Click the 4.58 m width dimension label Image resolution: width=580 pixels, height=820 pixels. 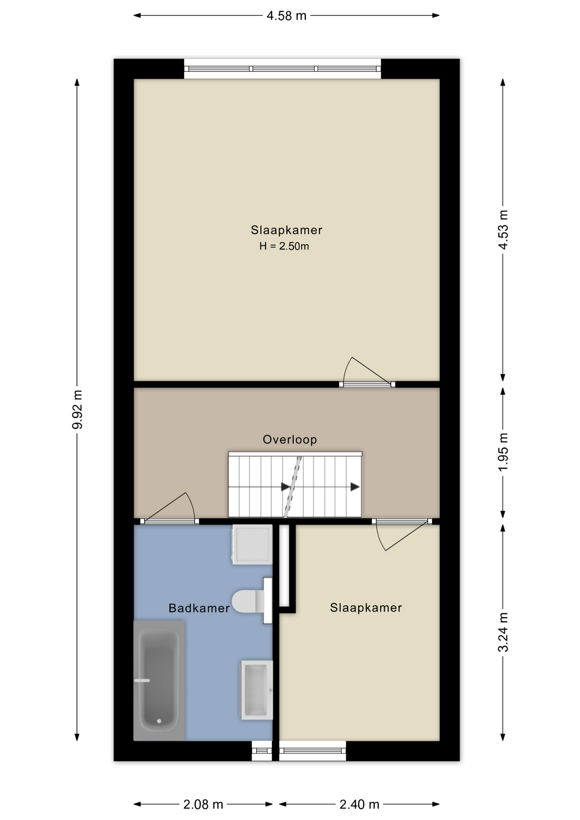[x=287, y=16]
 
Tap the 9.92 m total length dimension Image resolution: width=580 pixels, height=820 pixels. [x=77, y=409]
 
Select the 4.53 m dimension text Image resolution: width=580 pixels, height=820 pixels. [x=503, y=230]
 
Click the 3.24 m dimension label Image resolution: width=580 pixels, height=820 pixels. [x=503, y=632]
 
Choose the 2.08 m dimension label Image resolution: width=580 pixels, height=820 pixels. [x=203, y=805]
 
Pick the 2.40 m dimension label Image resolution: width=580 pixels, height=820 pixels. [x=359, y=805]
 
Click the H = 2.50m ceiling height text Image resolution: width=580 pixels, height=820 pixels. [x=284, y=246]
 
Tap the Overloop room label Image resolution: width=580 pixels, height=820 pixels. [x=290, y=439]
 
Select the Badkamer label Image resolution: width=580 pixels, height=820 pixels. [x=199, y=608]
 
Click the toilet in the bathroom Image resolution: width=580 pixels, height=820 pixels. [x=252, y=601]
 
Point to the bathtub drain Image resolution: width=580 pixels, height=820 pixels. [x=159, y=721]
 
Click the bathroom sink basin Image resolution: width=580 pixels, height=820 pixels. [x=257, y=690]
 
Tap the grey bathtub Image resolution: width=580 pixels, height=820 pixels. [x=159, y=680]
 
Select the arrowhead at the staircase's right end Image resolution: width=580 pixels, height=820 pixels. [x=355, y=487]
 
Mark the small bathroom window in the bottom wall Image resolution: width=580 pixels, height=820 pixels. [x=262, y=751]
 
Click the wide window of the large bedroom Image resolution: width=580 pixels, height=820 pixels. [x=282, y=69]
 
